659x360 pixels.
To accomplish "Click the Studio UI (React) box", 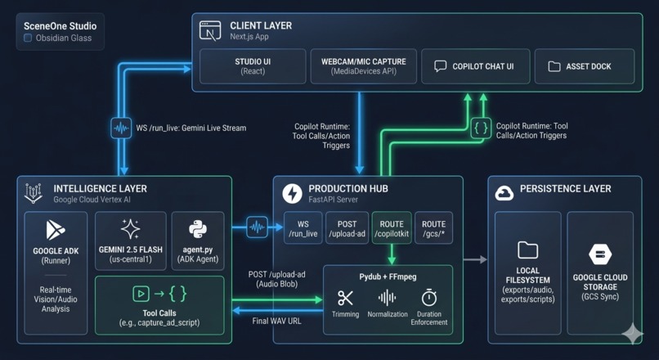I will (253, 66).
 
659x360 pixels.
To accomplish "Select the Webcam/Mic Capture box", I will (363, 66).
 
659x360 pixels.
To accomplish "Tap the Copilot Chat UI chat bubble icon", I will (441, 66).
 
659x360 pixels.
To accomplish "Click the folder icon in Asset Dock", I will (554, 66).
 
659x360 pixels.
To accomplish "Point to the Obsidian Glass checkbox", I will (28, 38).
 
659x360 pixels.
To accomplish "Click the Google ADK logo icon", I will (56, 230).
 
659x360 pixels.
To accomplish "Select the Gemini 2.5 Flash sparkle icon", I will (130, 228).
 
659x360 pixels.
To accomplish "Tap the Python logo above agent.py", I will (198, 228).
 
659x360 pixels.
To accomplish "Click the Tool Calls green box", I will (159, 304).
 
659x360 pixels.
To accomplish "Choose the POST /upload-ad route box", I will (347, 228).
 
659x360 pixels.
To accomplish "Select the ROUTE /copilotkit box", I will (391, 228).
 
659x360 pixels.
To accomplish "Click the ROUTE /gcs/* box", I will (433, 228).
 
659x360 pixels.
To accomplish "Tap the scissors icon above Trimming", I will (346, 299).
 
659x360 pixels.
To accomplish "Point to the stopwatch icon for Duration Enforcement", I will (429, 299).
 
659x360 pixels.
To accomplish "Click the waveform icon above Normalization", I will (388, 299).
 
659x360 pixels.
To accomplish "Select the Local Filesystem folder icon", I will (528, 250).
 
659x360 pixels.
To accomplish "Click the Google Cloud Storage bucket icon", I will (600, 254).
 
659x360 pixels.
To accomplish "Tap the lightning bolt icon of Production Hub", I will (292, 193).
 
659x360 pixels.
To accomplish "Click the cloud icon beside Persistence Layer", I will (504, 193).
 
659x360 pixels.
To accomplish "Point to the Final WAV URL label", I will (276, 321).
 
